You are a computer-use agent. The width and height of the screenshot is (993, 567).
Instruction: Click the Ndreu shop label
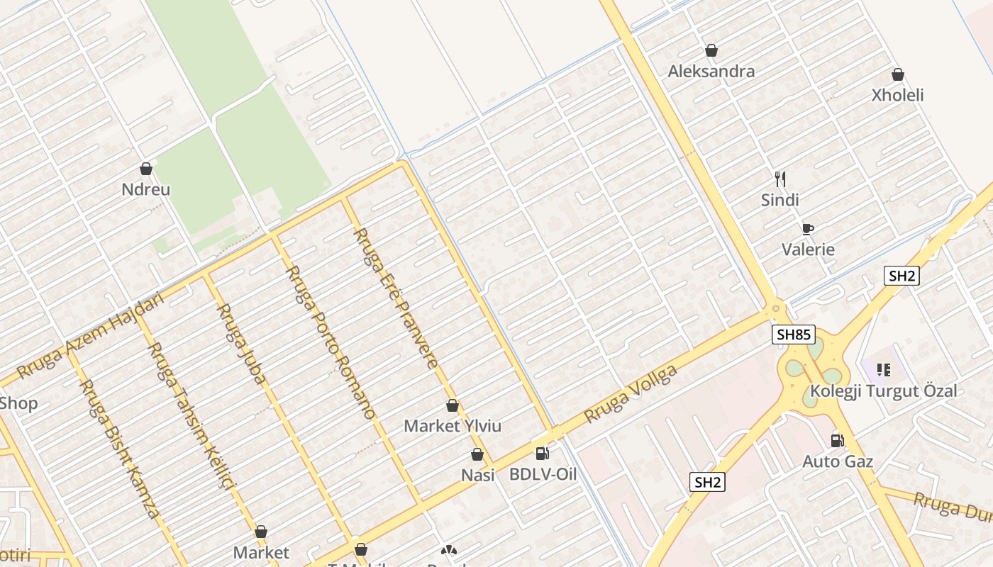pyautogui.click(x=146, y=190)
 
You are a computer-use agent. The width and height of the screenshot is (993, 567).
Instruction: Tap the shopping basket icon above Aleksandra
pyautogui.click(x=711, y=50)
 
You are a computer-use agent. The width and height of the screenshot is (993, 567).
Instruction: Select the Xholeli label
pyautogui.click(x=897, y=95)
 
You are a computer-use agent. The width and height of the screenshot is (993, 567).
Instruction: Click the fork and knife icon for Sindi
pyautogui.click(x=780, y=179)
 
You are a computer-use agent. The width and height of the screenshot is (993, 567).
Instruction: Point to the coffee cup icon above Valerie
pyautogui.click(x=807, y=228)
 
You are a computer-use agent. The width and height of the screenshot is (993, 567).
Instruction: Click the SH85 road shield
pyautogui.click(x=794, y=335)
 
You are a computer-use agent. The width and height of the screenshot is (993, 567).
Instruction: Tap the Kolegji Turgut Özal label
pyautogui.click(x=883, y=391)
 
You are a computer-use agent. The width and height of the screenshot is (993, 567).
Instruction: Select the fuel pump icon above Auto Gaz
pyautogui.click(x=837, y=441)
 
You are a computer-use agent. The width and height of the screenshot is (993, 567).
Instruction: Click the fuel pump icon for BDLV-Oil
pyautogui.click(x=542, y=454)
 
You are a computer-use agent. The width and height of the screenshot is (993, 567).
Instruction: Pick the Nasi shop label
pyautogui.click(x=478, y=475)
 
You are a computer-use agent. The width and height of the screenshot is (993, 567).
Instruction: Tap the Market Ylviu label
pyautogui.click(x=453, y=426)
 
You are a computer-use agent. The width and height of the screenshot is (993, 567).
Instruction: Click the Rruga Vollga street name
pyautogui.click(x=630, y=395)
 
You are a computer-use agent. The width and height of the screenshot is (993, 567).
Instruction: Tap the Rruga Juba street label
pyautogui.click(x=241, y=344)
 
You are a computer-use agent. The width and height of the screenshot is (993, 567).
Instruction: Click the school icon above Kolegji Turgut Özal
pyautogui.click(x=883, y=369)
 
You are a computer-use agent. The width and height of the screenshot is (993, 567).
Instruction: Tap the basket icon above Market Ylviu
pyautogui.click(x=453, y=406)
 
